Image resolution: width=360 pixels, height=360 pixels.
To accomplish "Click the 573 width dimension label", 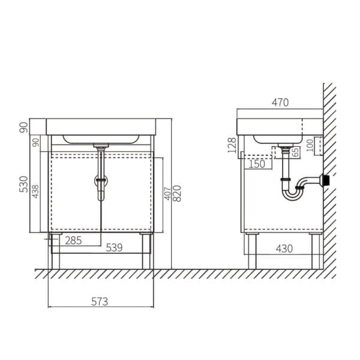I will click(x=100, y=302).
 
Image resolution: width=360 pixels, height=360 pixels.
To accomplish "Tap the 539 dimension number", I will click(x=115, y=247).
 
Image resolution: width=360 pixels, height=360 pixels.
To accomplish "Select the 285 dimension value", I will click(x=73, y=241).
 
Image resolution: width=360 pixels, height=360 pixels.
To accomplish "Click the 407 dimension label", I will click(x=166, y=194).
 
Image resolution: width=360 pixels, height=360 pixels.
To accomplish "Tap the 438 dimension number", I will click(x=36, y=191).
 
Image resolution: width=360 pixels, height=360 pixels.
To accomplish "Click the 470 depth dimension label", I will click(x=280, y=103).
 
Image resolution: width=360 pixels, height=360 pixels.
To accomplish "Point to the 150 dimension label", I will click(x=256, y=163).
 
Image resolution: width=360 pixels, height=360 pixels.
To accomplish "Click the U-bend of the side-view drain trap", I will click(x=291, y=194).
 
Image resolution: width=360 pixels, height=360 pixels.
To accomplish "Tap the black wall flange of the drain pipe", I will click(x=326, y=180).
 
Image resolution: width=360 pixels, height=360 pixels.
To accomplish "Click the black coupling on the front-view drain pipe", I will click(x=101, y=179).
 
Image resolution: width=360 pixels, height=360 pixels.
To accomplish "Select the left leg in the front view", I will click(x=55, y=251).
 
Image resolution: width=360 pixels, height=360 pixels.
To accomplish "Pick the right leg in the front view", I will click(x=146, y=251).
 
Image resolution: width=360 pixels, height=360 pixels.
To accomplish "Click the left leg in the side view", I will click(x=252, y=251).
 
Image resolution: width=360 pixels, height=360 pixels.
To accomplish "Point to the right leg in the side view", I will click(x=314, y=251).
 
